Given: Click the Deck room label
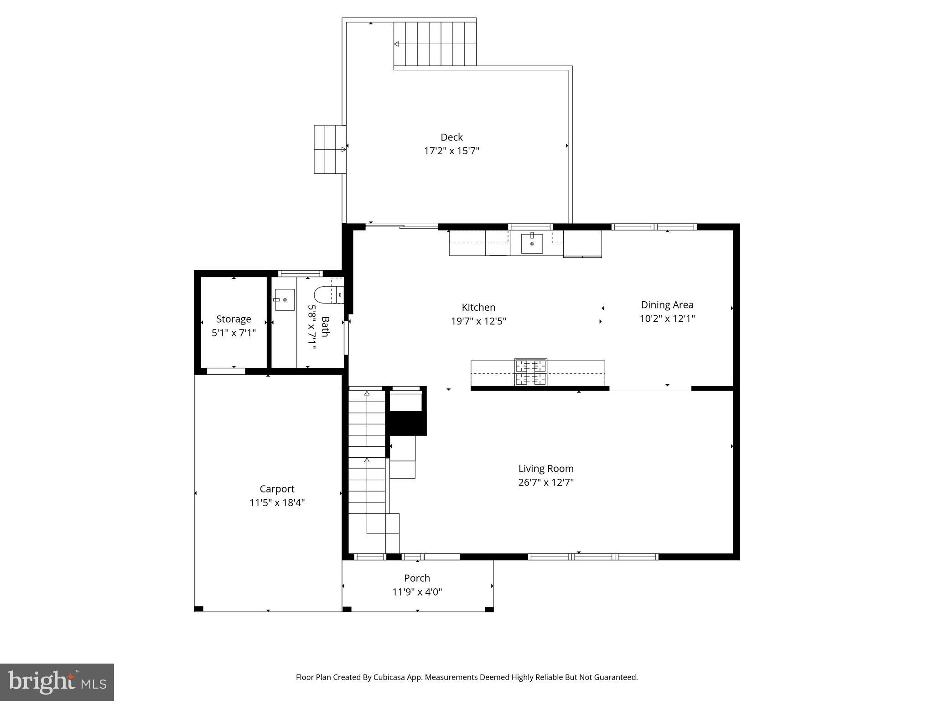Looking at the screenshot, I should click(451, 137).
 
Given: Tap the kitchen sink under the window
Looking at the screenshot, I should click(532, 244).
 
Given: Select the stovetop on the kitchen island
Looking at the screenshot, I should click(531, 372).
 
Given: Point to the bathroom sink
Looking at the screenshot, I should click(285, 300).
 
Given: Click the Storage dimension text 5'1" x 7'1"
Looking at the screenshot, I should click(233, 333).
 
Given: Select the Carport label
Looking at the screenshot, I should click(277, 489).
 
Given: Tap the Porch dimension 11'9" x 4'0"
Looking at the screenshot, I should click(417, 592).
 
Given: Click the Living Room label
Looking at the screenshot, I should click(546, 469).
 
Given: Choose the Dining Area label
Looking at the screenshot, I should click(667, 305).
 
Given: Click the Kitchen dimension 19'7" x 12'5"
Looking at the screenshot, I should click(478, 321).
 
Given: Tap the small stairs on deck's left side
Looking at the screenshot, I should click(329, 149).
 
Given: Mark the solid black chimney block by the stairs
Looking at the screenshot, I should click(406, 423).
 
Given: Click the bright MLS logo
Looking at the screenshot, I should click(57, 682).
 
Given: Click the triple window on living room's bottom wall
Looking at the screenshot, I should click(593, 557).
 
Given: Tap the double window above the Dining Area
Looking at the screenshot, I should click(654, 227).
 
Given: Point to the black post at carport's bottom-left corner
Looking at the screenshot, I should click(199, 608).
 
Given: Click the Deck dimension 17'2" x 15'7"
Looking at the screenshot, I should click(451, 151).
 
